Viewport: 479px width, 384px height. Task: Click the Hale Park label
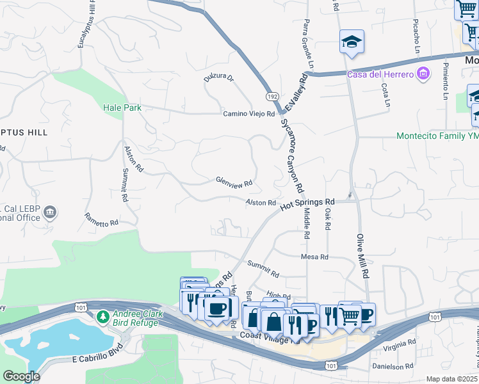tap(122, 108)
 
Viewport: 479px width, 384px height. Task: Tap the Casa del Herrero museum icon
tap(422, 75)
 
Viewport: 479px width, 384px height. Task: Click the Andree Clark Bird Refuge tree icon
tap(102, 316)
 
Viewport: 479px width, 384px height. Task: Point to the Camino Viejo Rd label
tap(248, 114)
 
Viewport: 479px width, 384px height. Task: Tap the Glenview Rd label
tap(234, 182)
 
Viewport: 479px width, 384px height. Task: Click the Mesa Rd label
tap(314, 257)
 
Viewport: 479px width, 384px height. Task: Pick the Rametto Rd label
tap(101, 220)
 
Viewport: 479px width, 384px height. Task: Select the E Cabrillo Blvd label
tap(83, 359)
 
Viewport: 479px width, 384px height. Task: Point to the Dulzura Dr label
tap(219, 78)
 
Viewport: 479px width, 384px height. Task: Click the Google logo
tap(21, 376)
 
